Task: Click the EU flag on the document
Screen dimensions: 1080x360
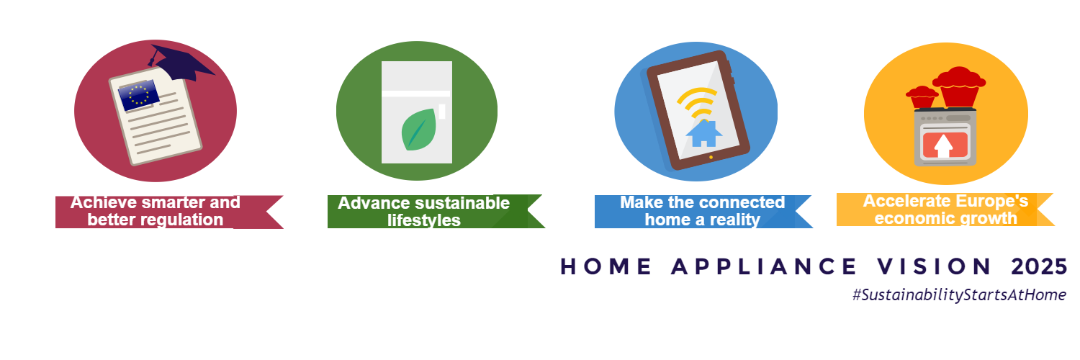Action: (139, 95)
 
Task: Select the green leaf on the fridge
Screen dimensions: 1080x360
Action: (418, 130)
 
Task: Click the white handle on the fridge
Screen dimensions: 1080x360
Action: (441, 112)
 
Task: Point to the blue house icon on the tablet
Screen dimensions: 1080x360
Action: (704, 133)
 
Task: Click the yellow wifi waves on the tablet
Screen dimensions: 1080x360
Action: (697, 102)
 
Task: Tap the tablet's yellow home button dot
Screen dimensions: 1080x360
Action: (711, 157)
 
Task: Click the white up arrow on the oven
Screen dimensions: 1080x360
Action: (943, 145)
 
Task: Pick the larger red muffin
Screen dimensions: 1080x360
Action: (959, 86)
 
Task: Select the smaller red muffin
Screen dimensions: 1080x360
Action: (922, 97)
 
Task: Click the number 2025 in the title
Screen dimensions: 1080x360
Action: (1039, 266)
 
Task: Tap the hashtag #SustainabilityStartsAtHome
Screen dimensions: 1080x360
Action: (959, 295)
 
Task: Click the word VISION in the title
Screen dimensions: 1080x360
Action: (933, 266)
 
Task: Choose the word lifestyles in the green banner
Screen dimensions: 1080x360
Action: (424, 220)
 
